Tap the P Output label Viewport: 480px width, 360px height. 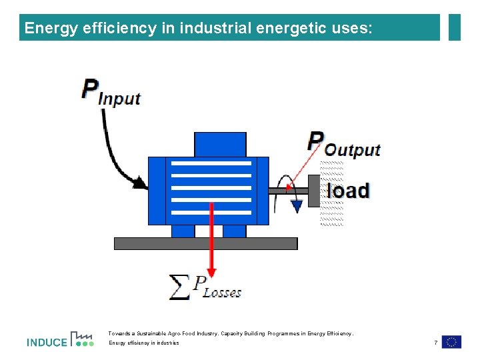pos(343,143)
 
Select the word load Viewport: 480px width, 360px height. pos(348,191)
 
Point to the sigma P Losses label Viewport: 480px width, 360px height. pos(206,287)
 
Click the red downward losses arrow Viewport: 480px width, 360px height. pos(211,240)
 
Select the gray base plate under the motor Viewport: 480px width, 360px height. pos(205,243)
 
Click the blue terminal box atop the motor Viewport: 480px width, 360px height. pos(220,145)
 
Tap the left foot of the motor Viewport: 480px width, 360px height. pos(183,231)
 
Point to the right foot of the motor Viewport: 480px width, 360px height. pos(234,231)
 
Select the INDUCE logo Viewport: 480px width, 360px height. pos(60,340)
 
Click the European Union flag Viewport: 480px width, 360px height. pos(451,342)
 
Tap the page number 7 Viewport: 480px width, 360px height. pos(435,343)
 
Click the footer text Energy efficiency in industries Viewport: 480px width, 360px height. pos(144,343)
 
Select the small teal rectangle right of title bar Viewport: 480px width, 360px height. pos(455,27)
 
